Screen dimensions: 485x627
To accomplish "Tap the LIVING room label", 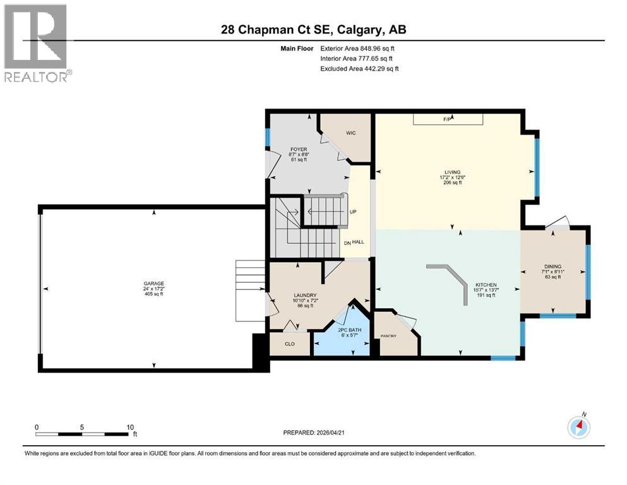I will tap(451, 172).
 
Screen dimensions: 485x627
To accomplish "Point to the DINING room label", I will tap(552, 266).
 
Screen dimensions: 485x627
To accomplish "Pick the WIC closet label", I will tap(352, 133).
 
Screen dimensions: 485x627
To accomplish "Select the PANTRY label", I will tap(388, 335).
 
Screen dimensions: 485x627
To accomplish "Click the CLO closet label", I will tap(290, 344).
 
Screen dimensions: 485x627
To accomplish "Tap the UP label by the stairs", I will tap(354, 212).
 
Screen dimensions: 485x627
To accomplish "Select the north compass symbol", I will tap(579, 428).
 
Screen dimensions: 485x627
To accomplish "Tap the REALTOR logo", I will tap(37, 44).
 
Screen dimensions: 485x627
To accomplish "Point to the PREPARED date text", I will tap(316, 433).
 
